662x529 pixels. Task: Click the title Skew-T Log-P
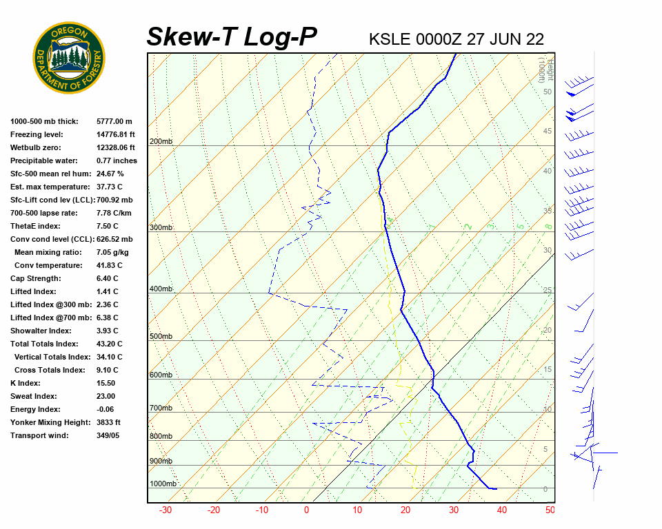232,37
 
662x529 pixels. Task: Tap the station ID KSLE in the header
390,39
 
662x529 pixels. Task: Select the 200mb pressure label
161,142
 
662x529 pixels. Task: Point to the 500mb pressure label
161,337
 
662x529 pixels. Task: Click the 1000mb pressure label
163,484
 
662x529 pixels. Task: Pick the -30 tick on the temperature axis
165,510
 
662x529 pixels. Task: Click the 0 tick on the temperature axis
307,510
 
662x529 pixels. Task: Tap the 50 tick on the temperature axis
550,510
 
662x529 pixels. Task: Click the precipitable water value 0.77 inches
117,160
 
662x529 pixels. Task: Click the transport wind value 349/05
108,435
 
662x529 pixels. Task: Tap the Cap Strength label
35,278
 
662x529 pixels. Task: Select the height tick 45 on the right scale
548,132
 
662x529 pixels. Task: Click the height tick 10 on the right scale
548,410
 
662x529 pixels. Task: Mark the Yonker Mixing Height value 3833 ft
108,422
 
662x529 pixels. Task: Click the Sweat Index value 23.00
106,396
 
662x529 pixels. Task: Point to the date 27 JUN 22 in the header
505,39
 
